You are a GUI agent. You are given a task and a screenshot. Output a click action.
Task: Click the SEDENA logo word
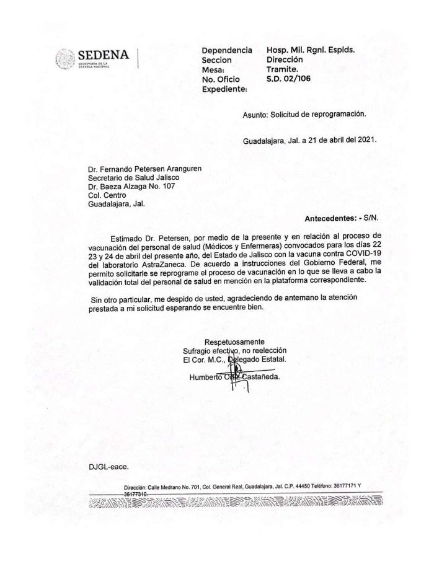[104, 55]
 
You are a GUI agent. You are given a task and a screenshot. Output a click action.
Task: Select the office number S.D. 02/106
[290, 79]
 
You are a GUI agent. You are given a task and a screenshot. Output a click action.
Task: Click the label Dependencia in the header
[227, 50]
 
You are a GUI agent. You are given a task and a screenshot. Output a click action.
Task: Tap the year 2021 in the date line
[365, 139]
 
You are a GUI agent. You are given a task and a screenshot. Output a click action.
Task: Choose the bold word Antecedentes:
[332, 219]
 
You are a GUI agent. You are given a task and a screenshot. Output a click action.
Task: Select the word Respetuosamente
[234, 342]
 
